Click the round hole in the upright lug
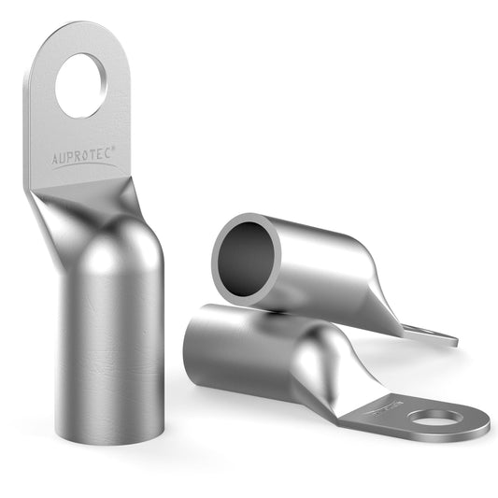[x=81, y=86]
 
